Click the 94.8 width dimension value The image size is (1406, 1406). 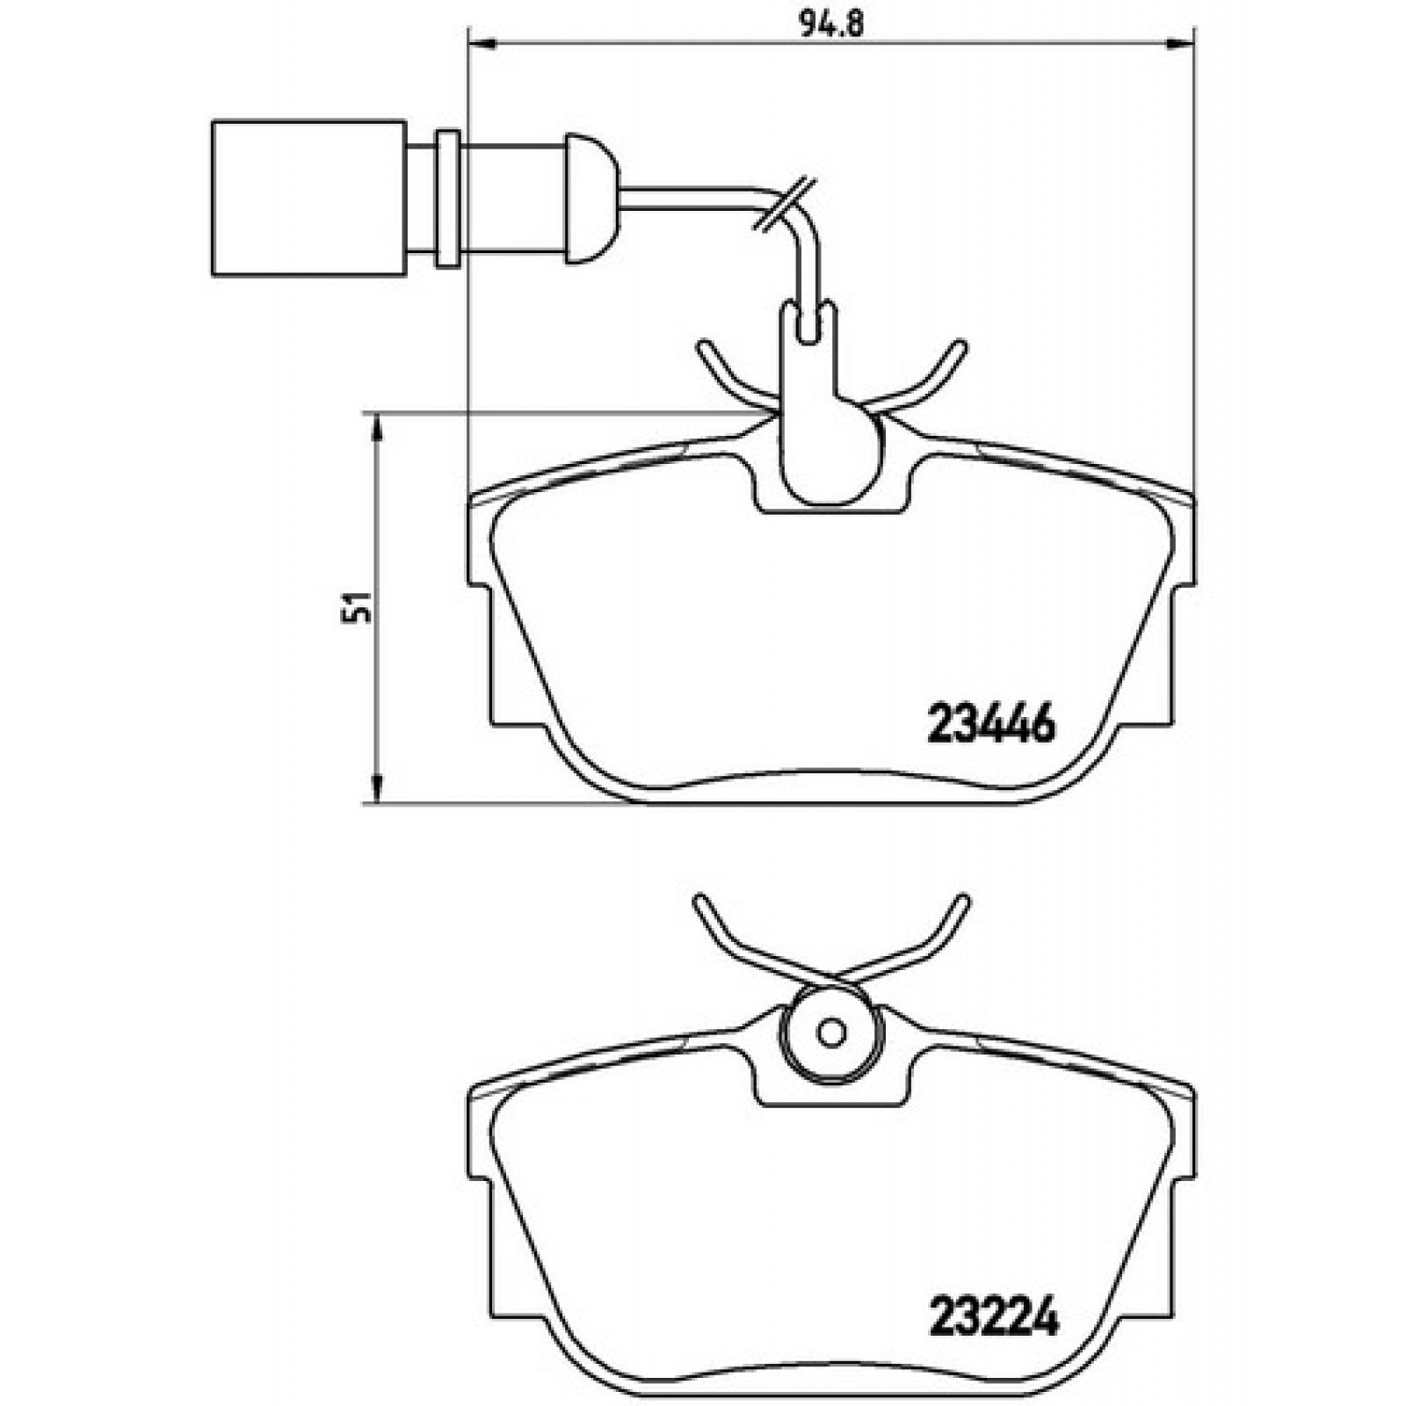pos(831,24)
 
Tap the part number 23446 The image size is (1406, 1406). pos(991,726)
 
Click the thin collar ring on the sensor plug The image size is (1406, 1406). pos(446,199)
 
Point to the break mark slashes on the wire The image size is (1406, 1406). pos(785,204)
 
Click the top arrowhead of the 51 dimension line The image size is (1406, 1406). pos(377,426)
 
